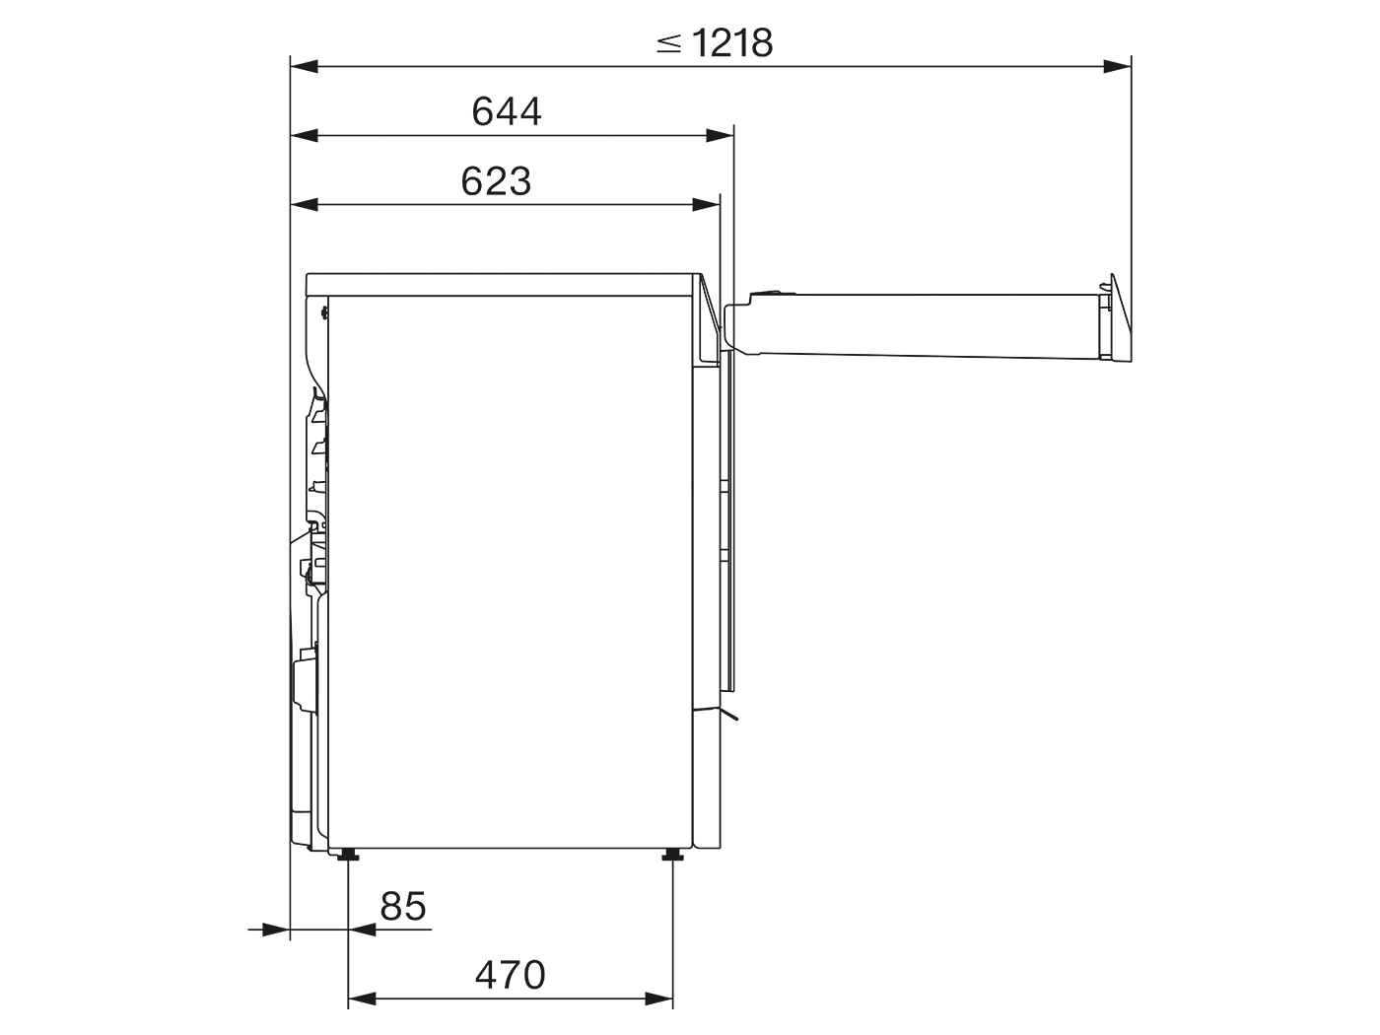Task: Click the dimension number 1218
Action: point(732,42)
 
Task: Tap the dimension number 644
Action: point(507,111)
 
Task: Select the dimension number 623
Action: point(496,181)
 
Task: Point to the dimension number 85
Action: point(403,906)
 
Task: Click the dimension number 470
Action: point(510,975)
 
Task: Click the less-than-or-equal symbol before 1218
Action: point(668,43)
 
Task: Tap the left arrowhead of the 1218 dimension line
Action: point(305,66)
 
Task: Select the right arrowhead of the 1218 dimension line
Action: point(1117,66)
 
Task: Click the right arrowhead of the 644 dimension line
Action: point(720,135)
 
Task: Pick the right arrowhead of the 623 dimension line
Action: point(706,204)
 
